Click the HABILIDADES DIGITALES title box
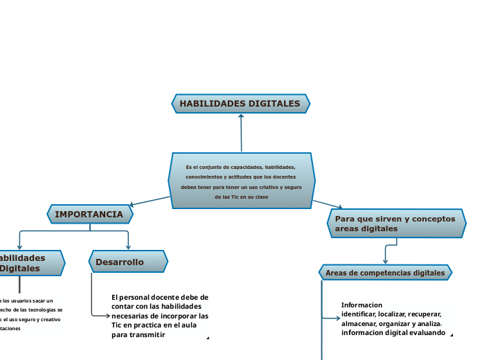point(240,104)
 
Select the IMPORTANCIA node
point(89,215)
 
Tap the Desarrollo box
point(128,262)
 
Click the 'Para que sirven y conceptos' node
point(395,223)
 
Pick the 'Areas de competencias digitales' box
point(385,273)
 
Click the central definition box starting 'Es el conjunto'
point(241,181)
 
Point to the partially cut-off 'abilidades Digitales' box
point(28,262)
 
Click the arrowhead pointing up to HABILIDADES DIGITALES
point(241,116)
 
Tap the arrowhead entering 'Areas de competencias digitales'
point(385,261)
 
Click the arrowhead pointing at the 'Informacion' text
point(336,318)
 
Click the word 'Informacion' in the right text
point(361,305)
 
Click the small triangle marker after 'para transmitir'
point(207,339)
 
